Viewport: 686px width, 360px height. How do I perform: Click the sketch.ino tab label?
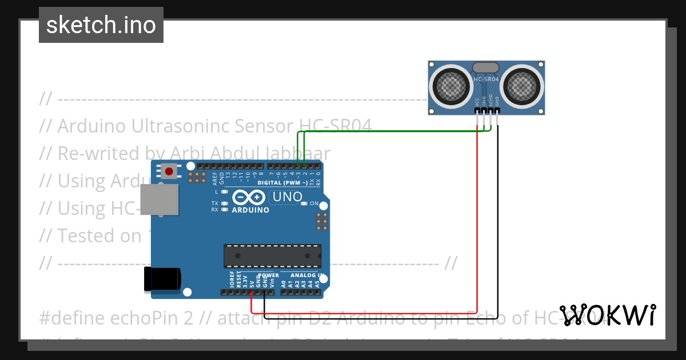(101, 25)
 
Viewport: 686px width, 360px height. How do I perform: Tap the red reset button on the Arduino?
(169, 171)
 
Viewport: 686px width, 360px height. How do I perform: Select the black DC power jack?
(162, 279)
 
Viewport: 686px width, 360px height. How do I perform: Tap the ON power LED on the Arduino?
(305, 203)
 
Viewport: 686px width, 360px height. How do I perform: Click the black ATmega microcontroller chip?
(272, 256)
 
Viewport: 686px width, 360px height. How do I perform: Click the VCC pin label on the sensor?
(477, 101)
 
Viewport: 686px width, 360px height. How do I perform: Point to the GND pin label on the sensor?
(497, 101)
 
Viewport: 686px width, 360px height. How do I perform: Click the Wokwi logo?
(607, 315)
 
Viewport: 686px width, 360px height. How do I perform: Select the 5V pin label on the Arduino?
(252, 281)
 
